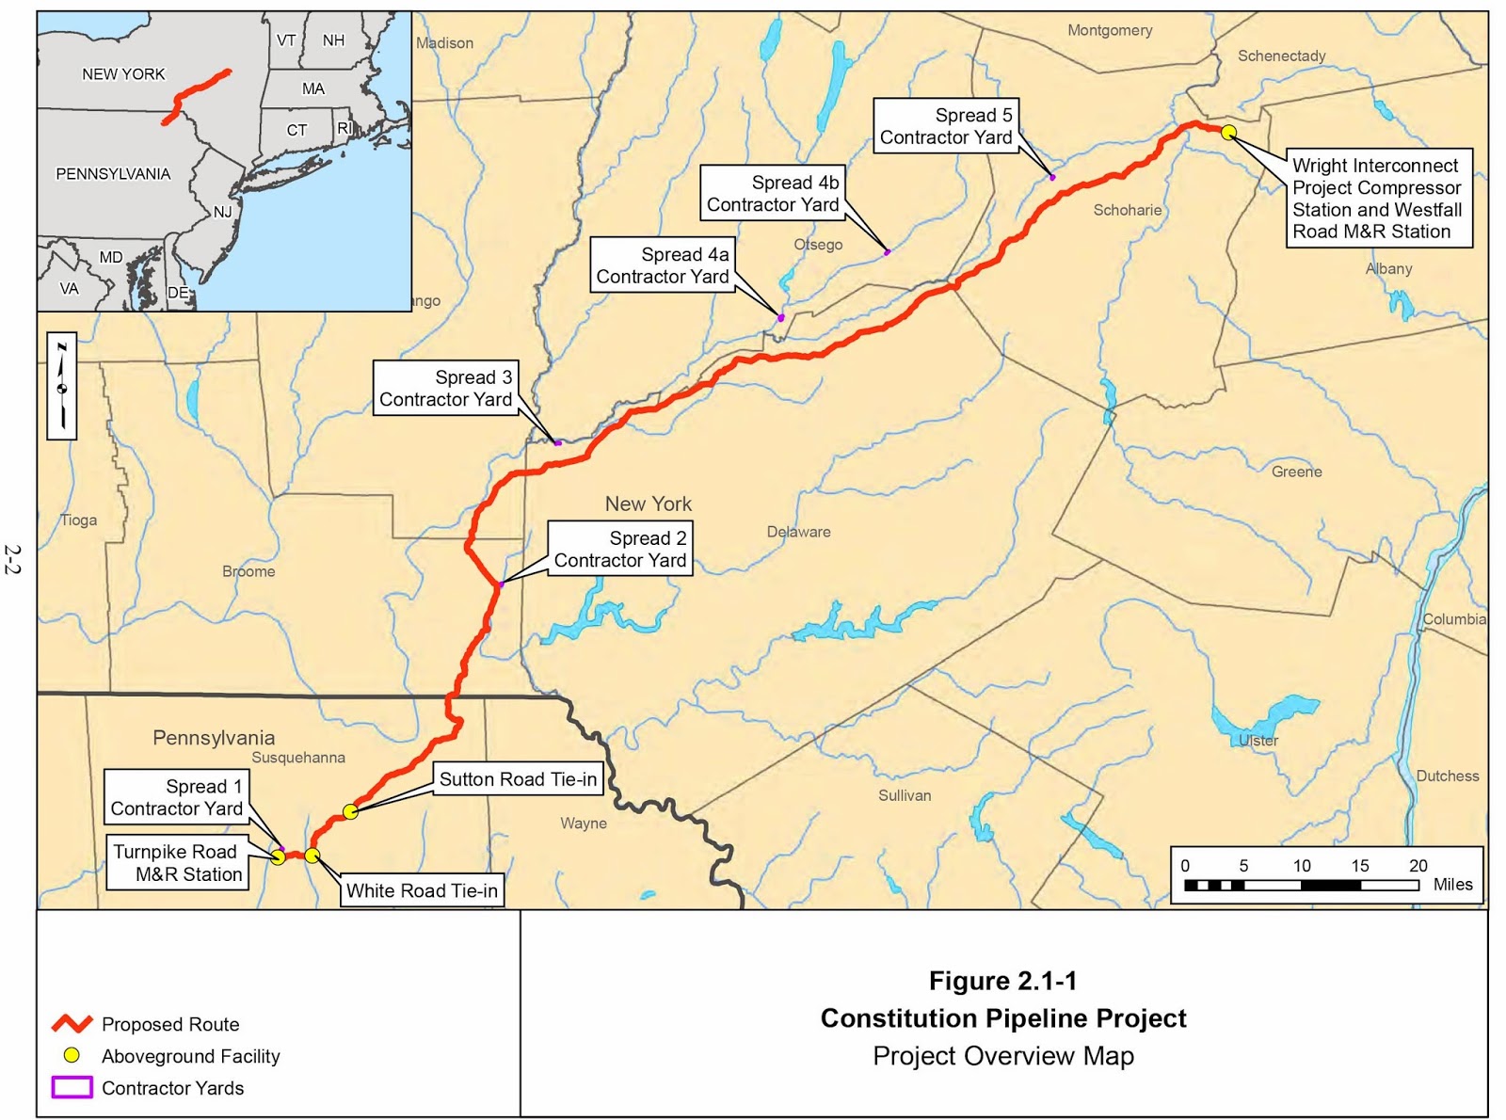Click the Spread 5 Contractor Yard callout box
tap(946, 126)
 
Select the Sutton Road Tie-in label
tap(518, 779)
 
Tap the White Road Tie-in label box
tap(422, 890)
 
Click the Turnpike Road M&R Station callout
tap(177, 863)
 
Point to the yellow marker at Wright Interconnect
tap(1228, 133)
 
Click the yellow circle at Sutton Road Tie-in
tap(350, 811)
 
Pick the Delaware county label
tap(798, 532)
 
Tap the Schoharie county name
tap(1127, 210)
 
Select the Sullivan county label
tap(905, 795)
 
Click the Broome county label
tap(248, 571)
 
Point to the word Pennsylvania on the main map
tap(214, 738)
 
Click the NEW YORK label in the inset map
tap(123, 74)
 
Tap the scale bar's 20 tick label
tap(1418, 865)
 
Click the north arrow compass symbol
tap(62, 386)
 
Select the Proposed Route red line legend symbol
tap(72, 1023)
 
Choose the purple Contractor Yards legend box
tap(72, 1087)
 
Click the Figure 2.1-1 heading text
tap(1002, 981)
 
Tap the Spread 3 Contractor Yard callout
tap(445, 388)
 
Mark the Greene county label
tap(1296, 472)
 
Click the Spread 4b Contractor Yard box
tap(772, 193)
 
